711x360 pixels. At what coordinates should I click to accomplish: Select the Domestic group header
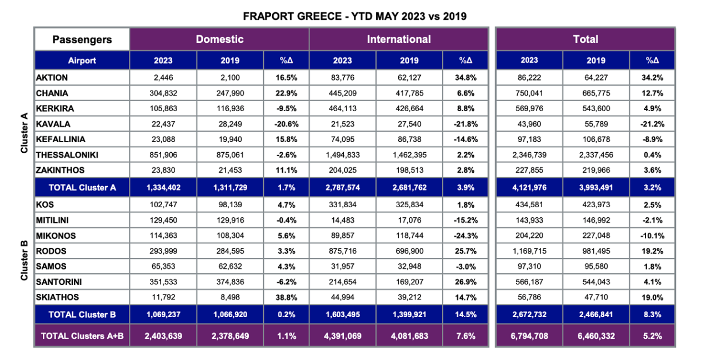[x=219, y=39]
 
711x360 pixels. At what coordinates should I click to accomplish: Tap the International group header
[x=398, y=39]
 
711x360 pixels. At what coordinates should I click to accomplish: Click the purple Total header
[x=585, y=39]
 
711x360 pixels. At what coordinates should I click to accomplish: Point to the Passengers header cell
[x=82, y=39]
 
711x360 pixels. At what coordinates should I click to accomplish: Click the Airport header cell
[x=82, y=61]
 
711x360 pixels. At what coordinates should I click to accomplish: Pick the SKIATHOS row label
[x=57, y=297]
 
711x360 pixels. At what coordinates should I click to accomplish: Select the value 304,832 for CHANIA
[x=163, y=93]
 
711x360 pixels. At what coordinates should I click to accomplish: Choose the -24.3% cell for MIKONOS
[x=465, y=236]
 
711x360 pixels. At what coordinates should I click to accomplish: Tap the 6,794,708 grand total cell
[x=529, y=336]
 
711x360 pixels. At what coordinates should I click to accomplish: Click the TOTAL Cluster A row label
[x=82, y=187]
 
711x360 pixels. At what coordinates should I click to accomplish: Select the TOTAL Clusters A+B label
[x=82, y=336]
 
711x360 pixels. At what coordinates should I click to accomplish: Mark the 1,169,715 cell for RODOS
[x=529, y=251]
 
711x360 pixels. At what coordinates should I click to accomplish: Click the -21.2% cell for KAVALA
[x=652, y=124]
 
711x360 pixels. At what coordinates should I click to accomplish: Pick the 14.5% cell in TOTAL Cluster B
[x=465, y=314]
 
